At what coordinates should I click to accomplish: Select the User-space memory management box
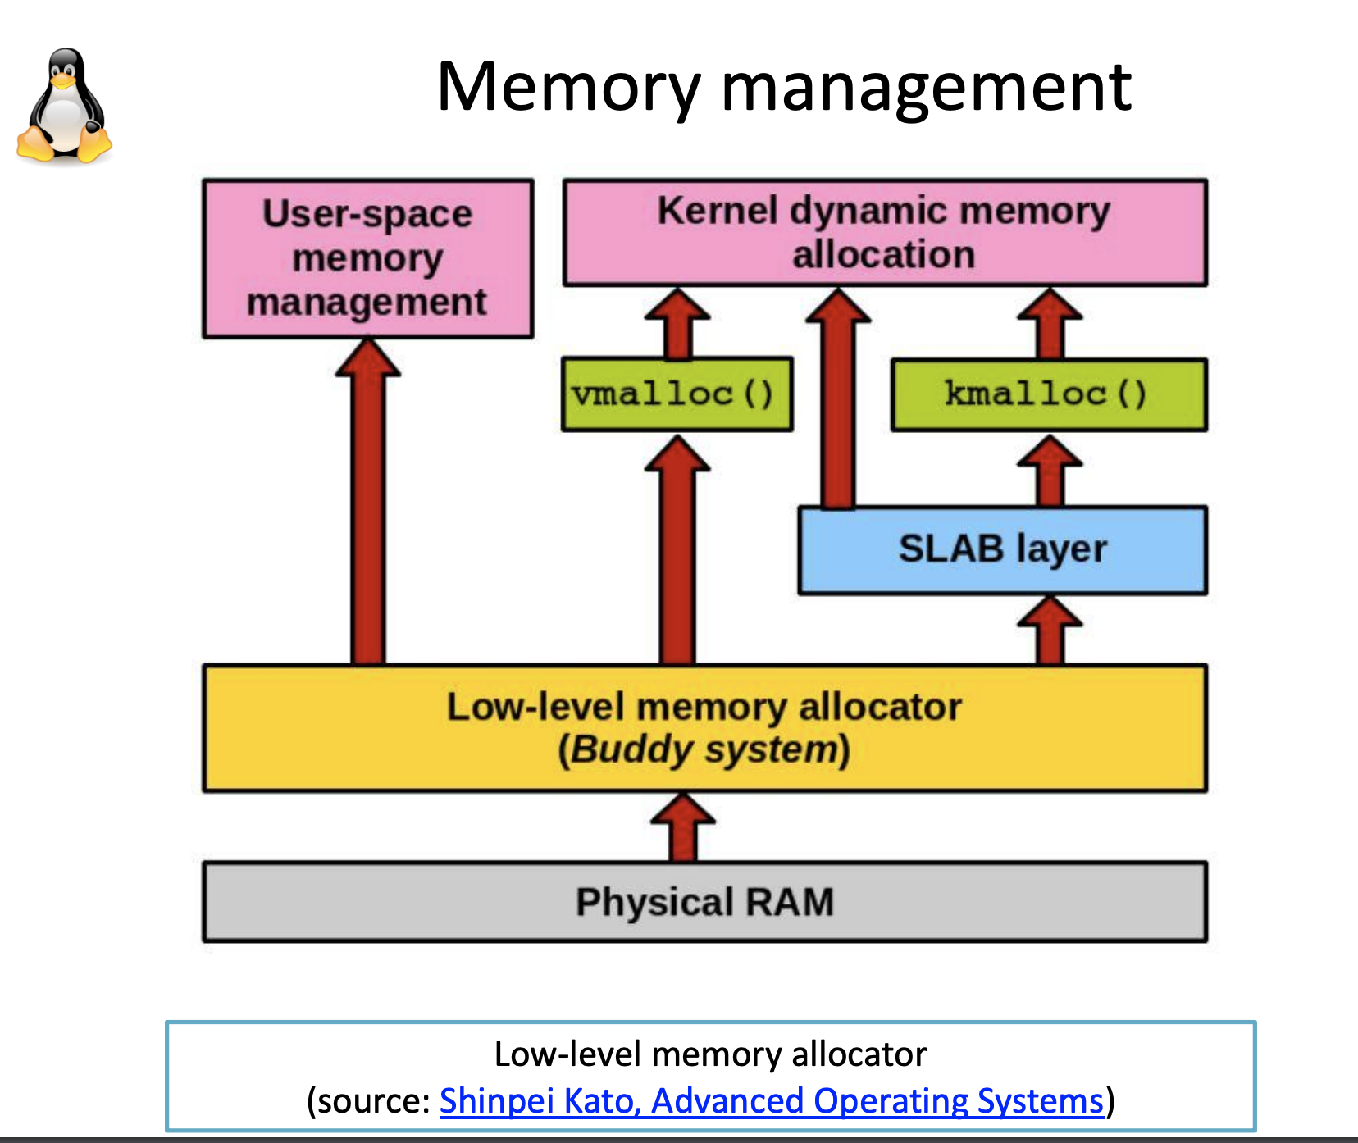368,258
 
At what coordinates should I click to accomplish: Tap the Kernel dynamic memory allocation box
885,233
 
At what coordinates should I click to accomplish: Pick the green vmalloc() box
677,394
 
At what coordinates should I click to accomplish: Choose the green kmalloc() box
1049,394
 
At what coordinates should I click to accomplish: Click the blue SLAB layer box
1003,550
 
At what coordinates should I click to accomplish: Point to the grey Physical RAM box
704,902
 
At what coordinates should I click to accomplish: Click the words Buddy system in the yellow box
704,749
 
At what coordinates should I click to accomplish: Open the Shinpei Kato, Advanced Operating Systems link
772,1101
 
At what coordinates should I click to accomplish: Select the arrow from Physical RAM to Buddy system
682,827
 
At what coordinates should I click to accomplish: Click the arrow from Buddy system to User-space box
368,502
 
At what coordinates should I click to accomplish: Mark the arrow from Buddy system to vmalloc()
677,549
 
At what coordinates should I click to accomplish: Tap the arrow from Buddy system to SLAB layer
1050,630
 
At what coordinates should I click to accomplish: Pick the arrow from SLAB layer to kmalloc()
1050,470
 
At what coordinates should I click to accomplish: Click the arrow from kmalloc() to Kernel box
1050,323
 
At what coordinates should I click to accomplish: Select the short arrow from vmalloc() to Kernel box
677,323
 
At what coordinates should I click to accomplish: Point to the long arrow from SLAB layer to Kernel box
838,398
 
